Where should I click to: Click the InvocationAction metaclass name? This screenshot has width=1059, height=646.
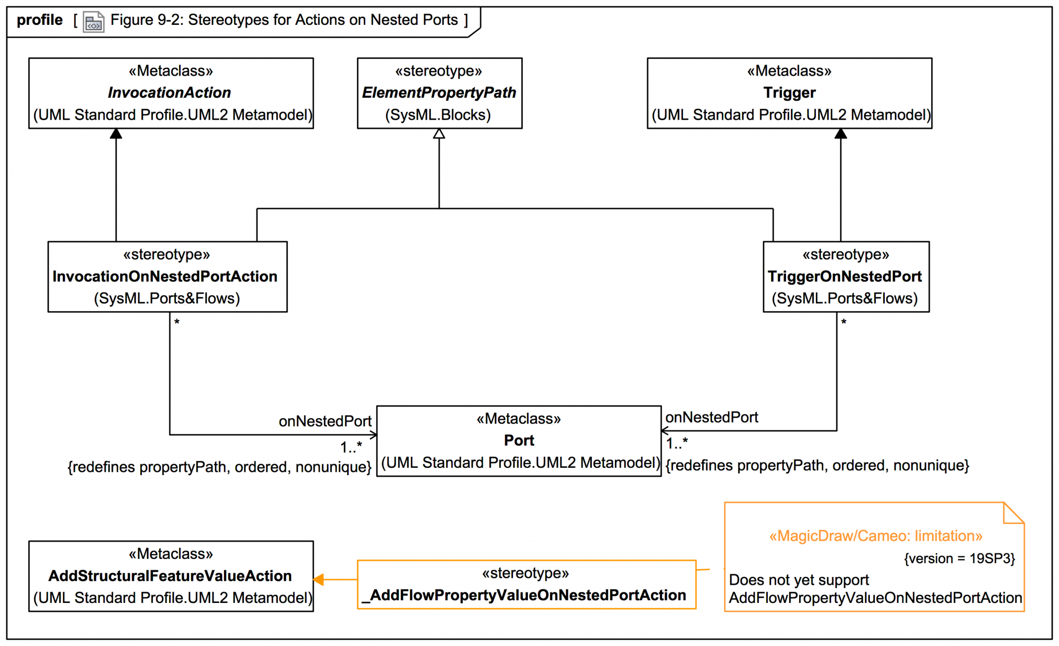[169, 93]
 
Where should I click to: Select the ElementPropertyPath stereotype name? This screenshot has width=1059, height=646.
[439, 93]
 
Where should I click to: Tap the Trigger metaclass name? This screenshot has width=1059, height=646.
[789, 93]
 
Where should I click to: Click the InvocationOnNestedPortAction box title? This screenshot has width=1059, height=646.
[165, 276]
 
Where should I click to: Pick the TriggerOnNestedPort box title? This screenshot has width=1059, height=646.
[844, 276]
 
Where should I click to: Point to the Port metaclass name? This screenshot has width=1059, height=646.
[519, 441]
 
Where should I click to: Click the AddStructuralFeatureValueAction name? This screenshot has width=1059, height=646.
[170, 576]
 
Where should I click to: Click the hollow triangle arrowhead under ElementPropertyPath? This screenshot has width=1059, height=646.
[439, 134]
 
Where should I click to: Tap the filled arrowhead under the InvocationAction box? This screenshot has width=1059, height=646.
[116, 134]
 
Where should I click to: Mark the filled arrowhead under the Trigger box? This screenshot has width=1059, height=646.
[841, 134]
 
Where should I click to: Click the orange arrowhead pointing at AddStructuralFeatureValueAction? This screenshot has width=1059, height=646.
[318, 580]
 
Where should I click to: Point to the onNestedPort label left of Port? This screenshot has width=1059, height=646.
[325, 421]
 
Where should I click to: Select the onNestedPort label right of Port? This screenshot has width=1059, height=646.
[712, 418]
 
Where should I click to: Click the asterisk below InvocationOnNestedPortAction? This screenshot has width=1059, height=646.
[177, 322]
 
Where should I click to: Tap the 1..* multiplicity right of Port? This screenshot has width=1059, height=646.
[677, 443]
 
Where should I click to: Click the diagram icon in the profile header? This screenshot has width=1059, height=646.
[93, 22]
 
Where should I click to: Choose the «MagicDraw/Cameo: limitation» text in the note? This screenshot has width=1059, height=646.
[876, 536]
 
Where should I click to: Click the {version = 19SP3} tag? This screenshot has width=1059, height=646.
[959, 559]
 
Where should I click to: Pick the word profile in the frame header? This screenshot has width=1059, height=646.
[40, 20]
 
